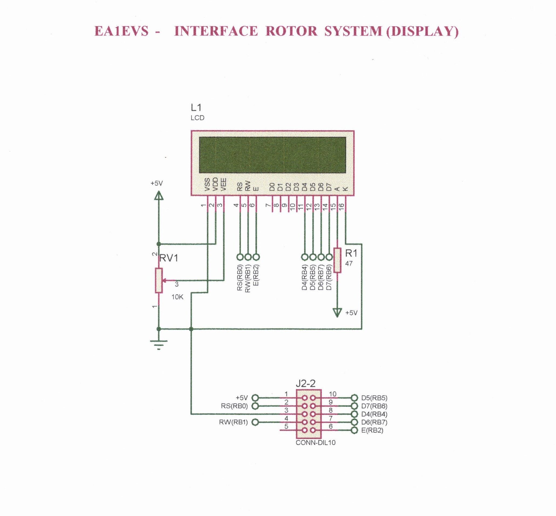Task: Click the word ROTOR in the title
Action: [291, 31]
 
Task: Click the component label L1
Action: [196, 107]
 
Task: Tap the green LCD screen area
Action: [273, 155]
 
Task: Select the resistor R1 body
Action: [337, 260]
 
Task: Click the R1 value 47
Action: [349, 263]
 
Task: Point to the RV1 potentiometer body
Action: [159, 280]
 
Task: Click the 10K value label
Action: [177, 297]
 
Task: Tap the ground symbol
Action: [159, 344]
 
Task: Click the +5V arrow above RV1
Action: [159, 195]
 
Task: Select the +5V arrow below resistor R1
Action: [337, 313]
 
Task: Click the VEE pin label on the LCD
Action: [223, 185]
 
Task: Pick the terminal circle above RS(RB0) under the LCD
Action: [240, 257]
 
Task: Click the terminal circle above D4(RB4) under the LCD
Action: [305, 257]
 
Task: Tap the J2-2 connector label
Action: [306, 384]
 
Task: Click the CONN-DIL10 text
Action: [315, 443]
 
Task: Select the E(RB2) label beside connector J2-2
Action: [372, 430]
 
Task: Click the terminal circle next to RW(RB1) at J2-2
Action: [255, 422]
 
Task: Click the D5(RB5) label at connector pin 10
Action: [374, 398]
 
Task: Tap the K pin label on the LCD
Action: [345, 189]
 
